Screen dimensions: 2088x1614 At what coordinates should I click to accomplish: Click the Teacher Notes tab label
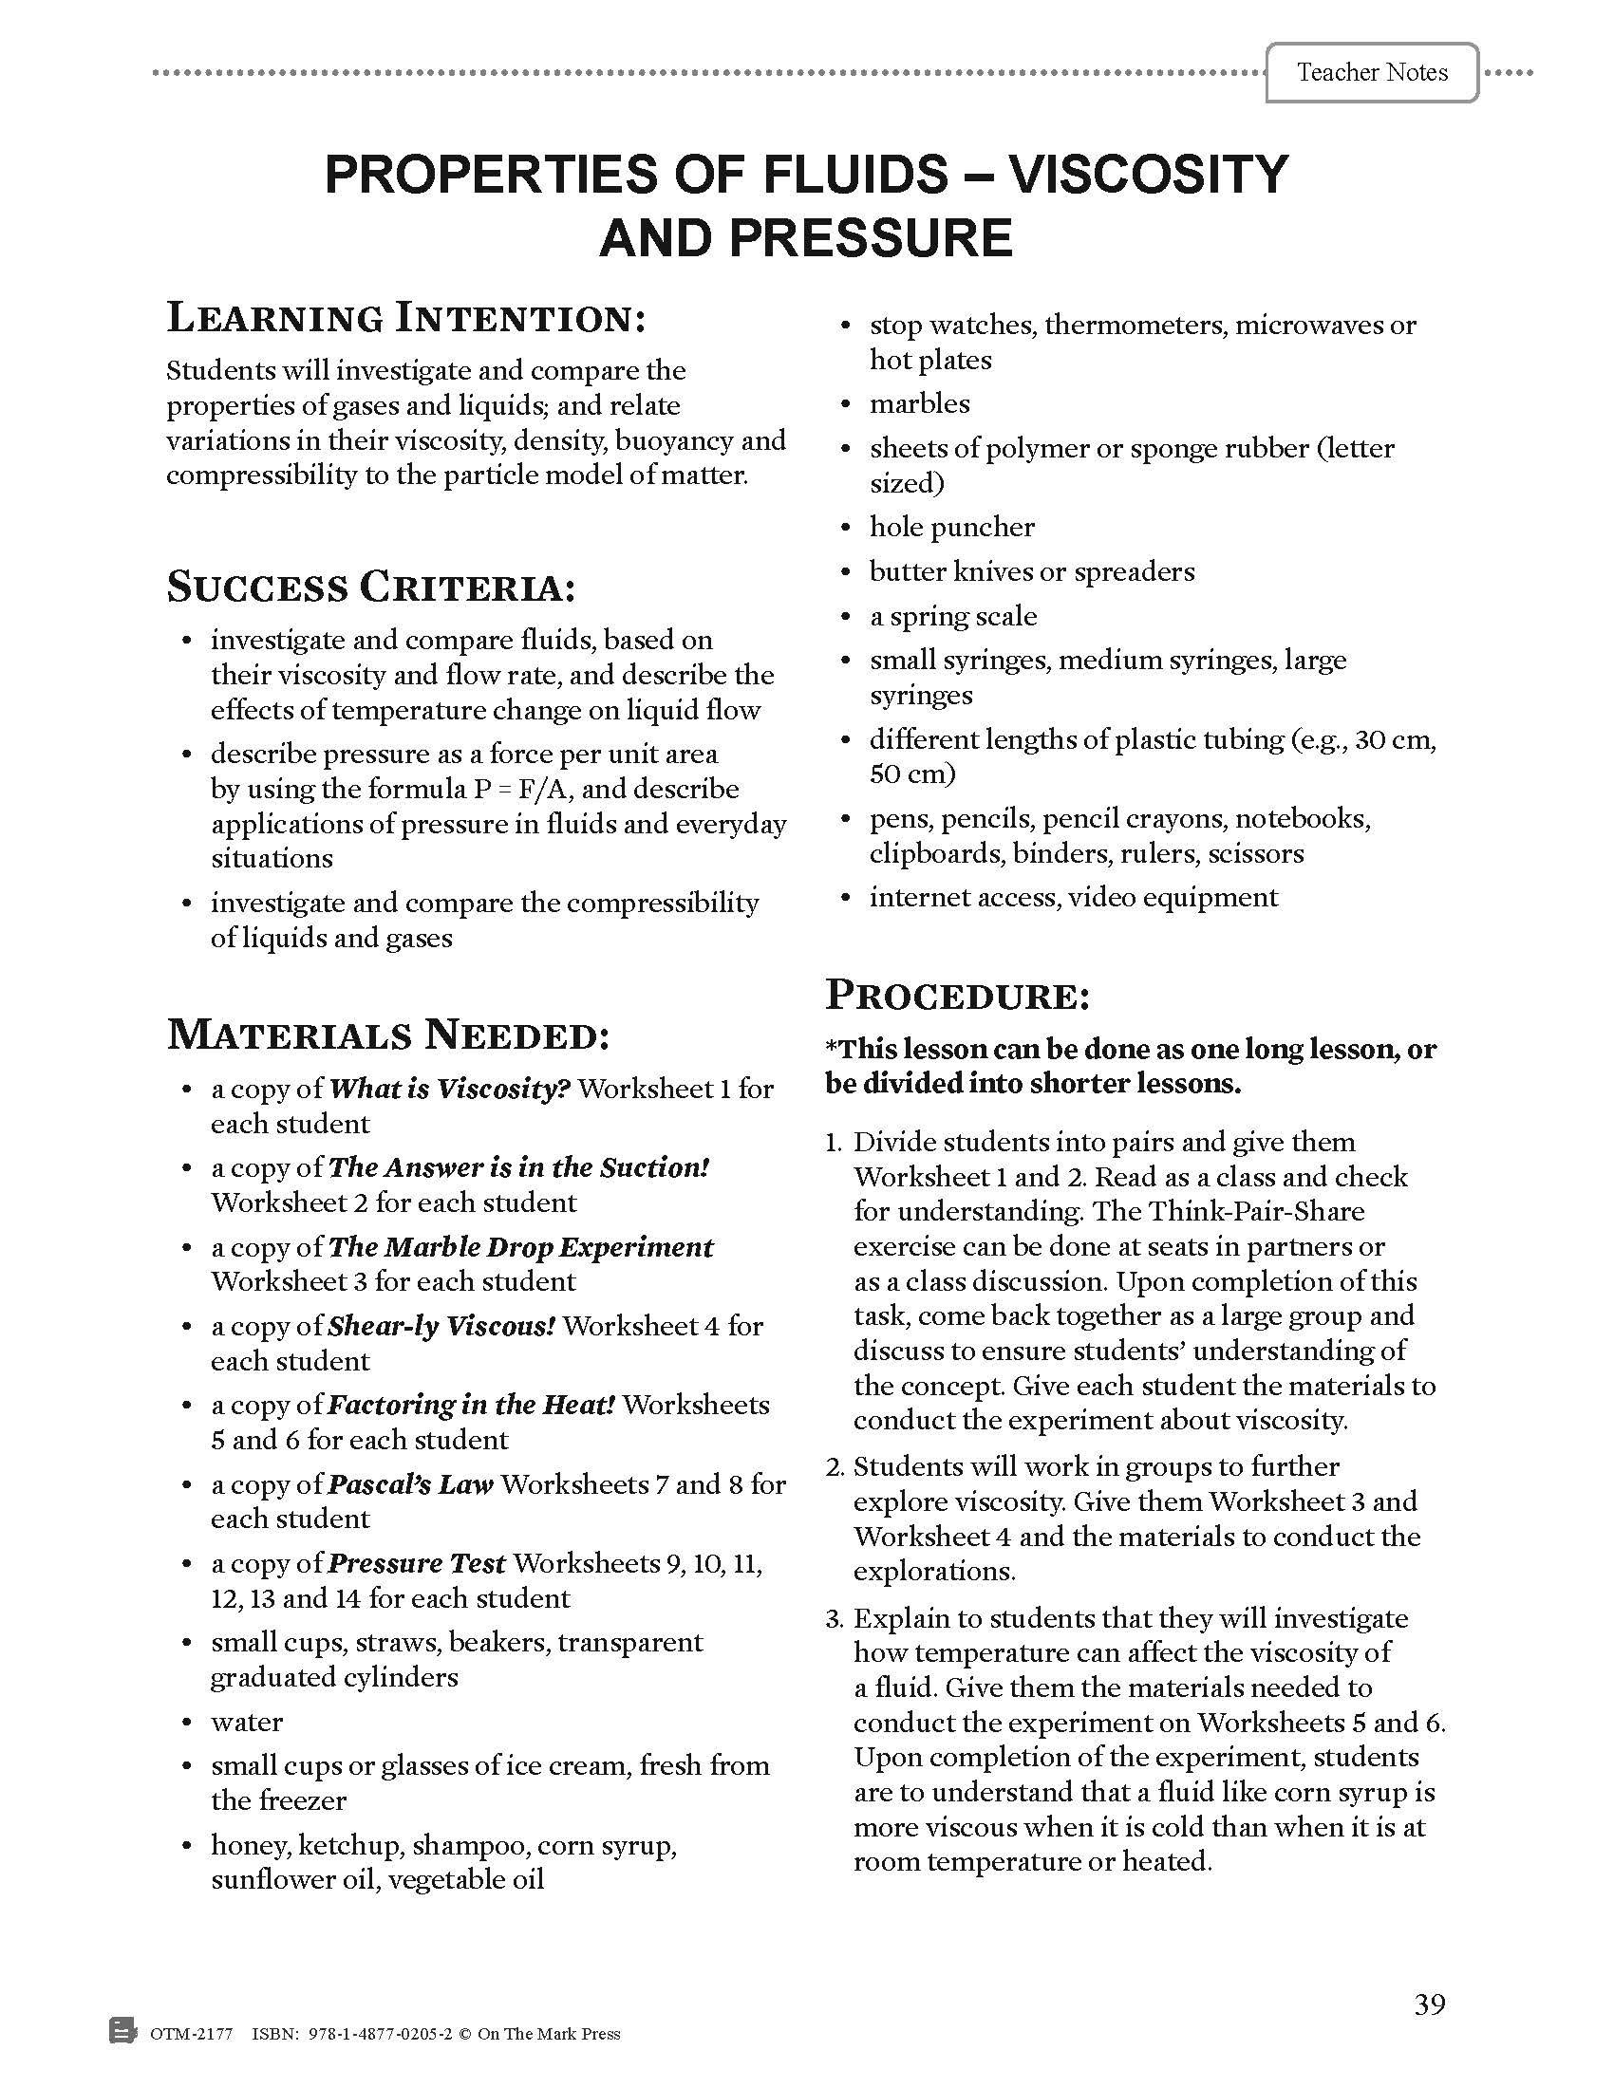1371,73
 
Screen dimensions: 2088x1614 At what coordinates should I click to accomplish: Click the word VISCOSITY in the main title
1149,174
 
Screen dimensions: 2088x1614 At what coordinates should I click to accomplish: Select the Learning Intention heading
406,318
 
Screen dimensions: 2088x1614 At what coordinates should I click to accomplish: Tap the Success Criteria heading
371,587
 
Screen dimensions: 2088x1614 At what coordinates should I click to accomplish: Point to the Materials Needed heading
388,1035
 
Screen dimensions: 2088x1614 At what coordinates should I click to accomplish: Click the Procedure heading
957,996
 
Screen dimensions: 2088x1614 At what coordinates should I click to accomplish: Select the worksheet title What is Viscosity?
449,1088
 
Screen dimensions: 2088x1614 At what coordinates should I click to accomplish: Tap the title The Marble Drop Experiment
520,1247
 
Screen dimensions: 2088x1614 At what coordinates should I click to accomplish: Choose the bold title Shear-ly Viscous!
441,1326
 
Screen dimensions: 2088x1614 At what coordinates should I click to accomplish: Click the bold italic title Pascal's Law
410,1483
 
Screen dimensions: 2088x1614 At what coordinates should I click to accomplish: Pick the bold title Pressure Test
416,1563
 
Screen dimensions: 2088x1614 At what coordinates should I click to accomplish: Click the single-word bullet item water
247,1722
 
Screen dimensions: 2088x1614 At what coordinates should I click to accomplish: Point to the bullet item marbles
919,404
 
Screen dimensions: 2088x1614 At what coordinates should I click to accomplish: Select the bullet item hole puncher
951,527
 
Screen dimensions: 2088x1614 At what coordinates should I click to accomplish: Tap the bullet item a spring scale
952,616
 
